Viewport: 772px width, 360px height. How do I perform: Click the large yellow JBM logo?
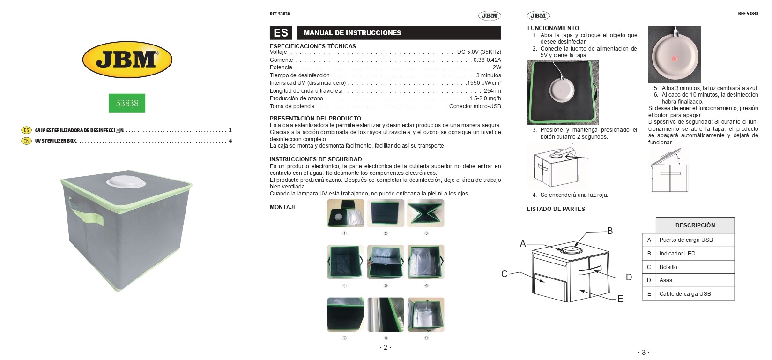[x=127, y=60]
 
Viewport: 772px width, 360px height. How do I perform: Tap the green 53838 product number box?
[x=127, y=103]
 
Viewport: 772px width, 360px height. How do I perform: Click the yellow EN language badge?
[x=26, y=141]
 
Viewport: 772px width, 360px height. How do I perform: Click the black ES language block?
[x=281, y=33]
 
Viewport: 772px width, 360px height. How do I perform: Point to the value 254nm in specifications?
[x=492, y=90]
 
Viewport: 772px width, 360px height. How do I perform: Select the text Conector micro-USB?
[x=475, y=106]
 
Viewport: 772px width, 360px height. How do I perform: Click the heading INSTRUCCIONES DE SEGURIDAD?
[x=316, y=159]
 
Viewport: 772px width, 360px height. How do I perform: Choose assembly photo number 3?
[x=426, y=213]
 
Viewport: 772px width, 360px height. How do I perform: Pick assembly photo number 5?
[x=386, y=262]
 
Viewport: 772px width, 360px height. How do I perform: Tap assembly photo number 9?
[x=426, y=315]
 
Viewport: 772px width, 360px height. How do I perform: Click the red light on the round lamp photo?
[x=675, y=59]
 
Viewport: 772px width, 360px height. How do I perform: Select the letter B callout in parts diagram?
[x=609, y=231]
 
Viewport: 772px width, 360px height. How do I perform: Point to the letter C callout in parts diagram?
[x=504, y=274]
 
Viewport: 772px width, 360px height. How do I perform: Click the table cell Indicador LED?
[x=695, y=254]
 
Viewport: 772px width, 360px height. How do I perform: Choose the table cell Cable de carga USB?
[x=695, y=294]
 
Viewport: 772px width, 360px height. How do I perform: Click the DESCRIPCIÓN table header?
[x=695, y=225]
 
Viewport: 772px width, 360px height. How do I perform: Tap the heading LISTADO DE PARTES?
[x=556, y=209]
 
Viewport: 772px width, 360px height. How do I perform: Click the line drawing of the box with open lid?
[x=669, y=170]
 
